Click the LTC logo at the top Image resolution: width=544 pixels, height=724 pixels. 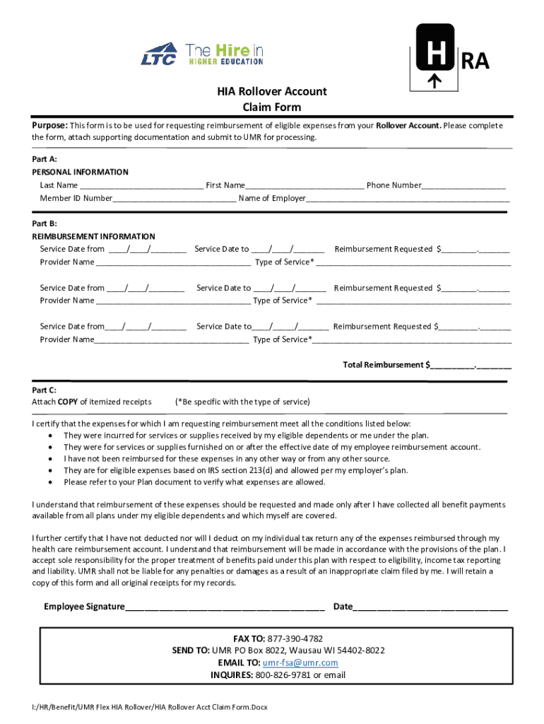[158, 56]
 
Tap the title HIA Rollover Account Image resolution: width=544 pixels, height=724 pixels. [271, 92]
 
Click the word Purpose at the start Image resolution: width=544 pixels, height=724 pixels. [49, 125]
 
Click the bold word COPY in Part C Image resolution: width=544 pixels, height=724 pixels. [68, 402]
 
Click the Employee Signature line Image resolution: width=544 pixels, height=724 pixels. [225, 607]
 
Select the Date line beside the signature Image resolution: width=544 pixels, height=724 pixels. [430, 607]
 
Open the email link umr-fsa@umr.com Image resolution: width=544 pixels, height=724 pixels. [300, 662]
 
